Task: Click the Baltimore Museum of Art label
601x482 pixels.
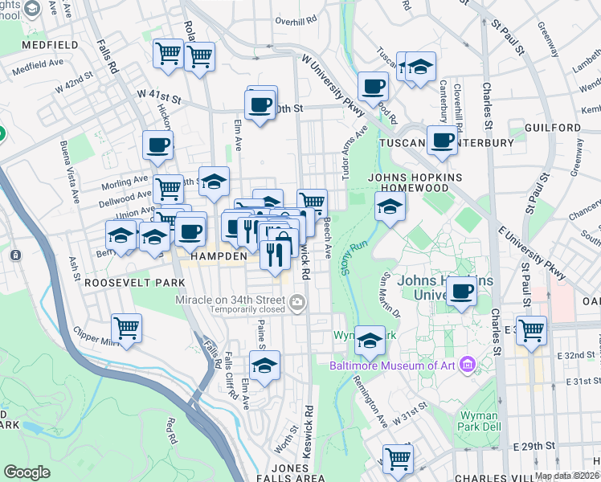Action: [x=391, y=366]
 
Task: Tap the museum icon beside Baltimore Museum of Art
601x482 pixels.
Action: [x=464, y=366]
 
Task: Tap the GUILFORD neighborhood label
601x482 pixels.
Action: [x=552, y=128]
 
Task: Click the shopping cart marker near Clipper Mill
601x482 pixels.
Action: [x=127, y=328]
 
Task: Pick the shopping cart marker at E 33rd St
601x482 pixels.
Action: [x=531, y=329]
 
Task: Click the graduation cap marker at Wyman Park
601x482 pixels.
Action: [x=370, y=341]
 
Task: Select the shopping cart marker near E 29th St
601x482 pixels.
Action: [x=398, y=459]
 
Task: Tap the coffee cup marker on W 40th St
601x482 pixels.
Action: [x=260, y=104]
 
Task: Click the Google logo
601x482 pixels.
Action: [x=27, y=472]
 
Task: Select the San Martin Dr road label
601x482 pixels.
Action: [x=388, y=295]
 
